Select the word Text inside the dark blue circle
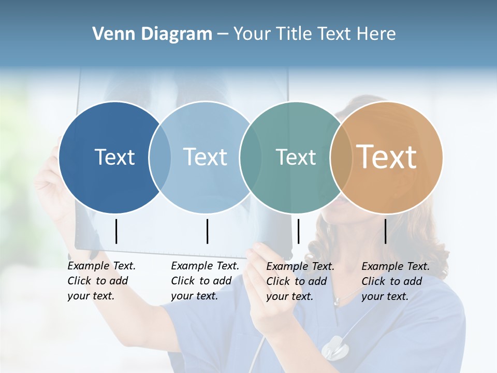point(114,157)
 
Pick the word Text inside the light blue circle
point(206,157)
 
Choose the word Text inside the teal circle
point(296,157)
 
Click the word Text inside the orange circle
point(387,156)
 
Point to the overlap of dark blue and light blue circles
point(160,157)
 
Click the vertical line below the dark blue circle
point(116,231)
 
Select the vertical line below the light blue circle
point(207,231)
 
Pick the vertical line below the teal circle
point(298,231)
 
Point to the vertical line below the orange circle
point(385,231)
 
